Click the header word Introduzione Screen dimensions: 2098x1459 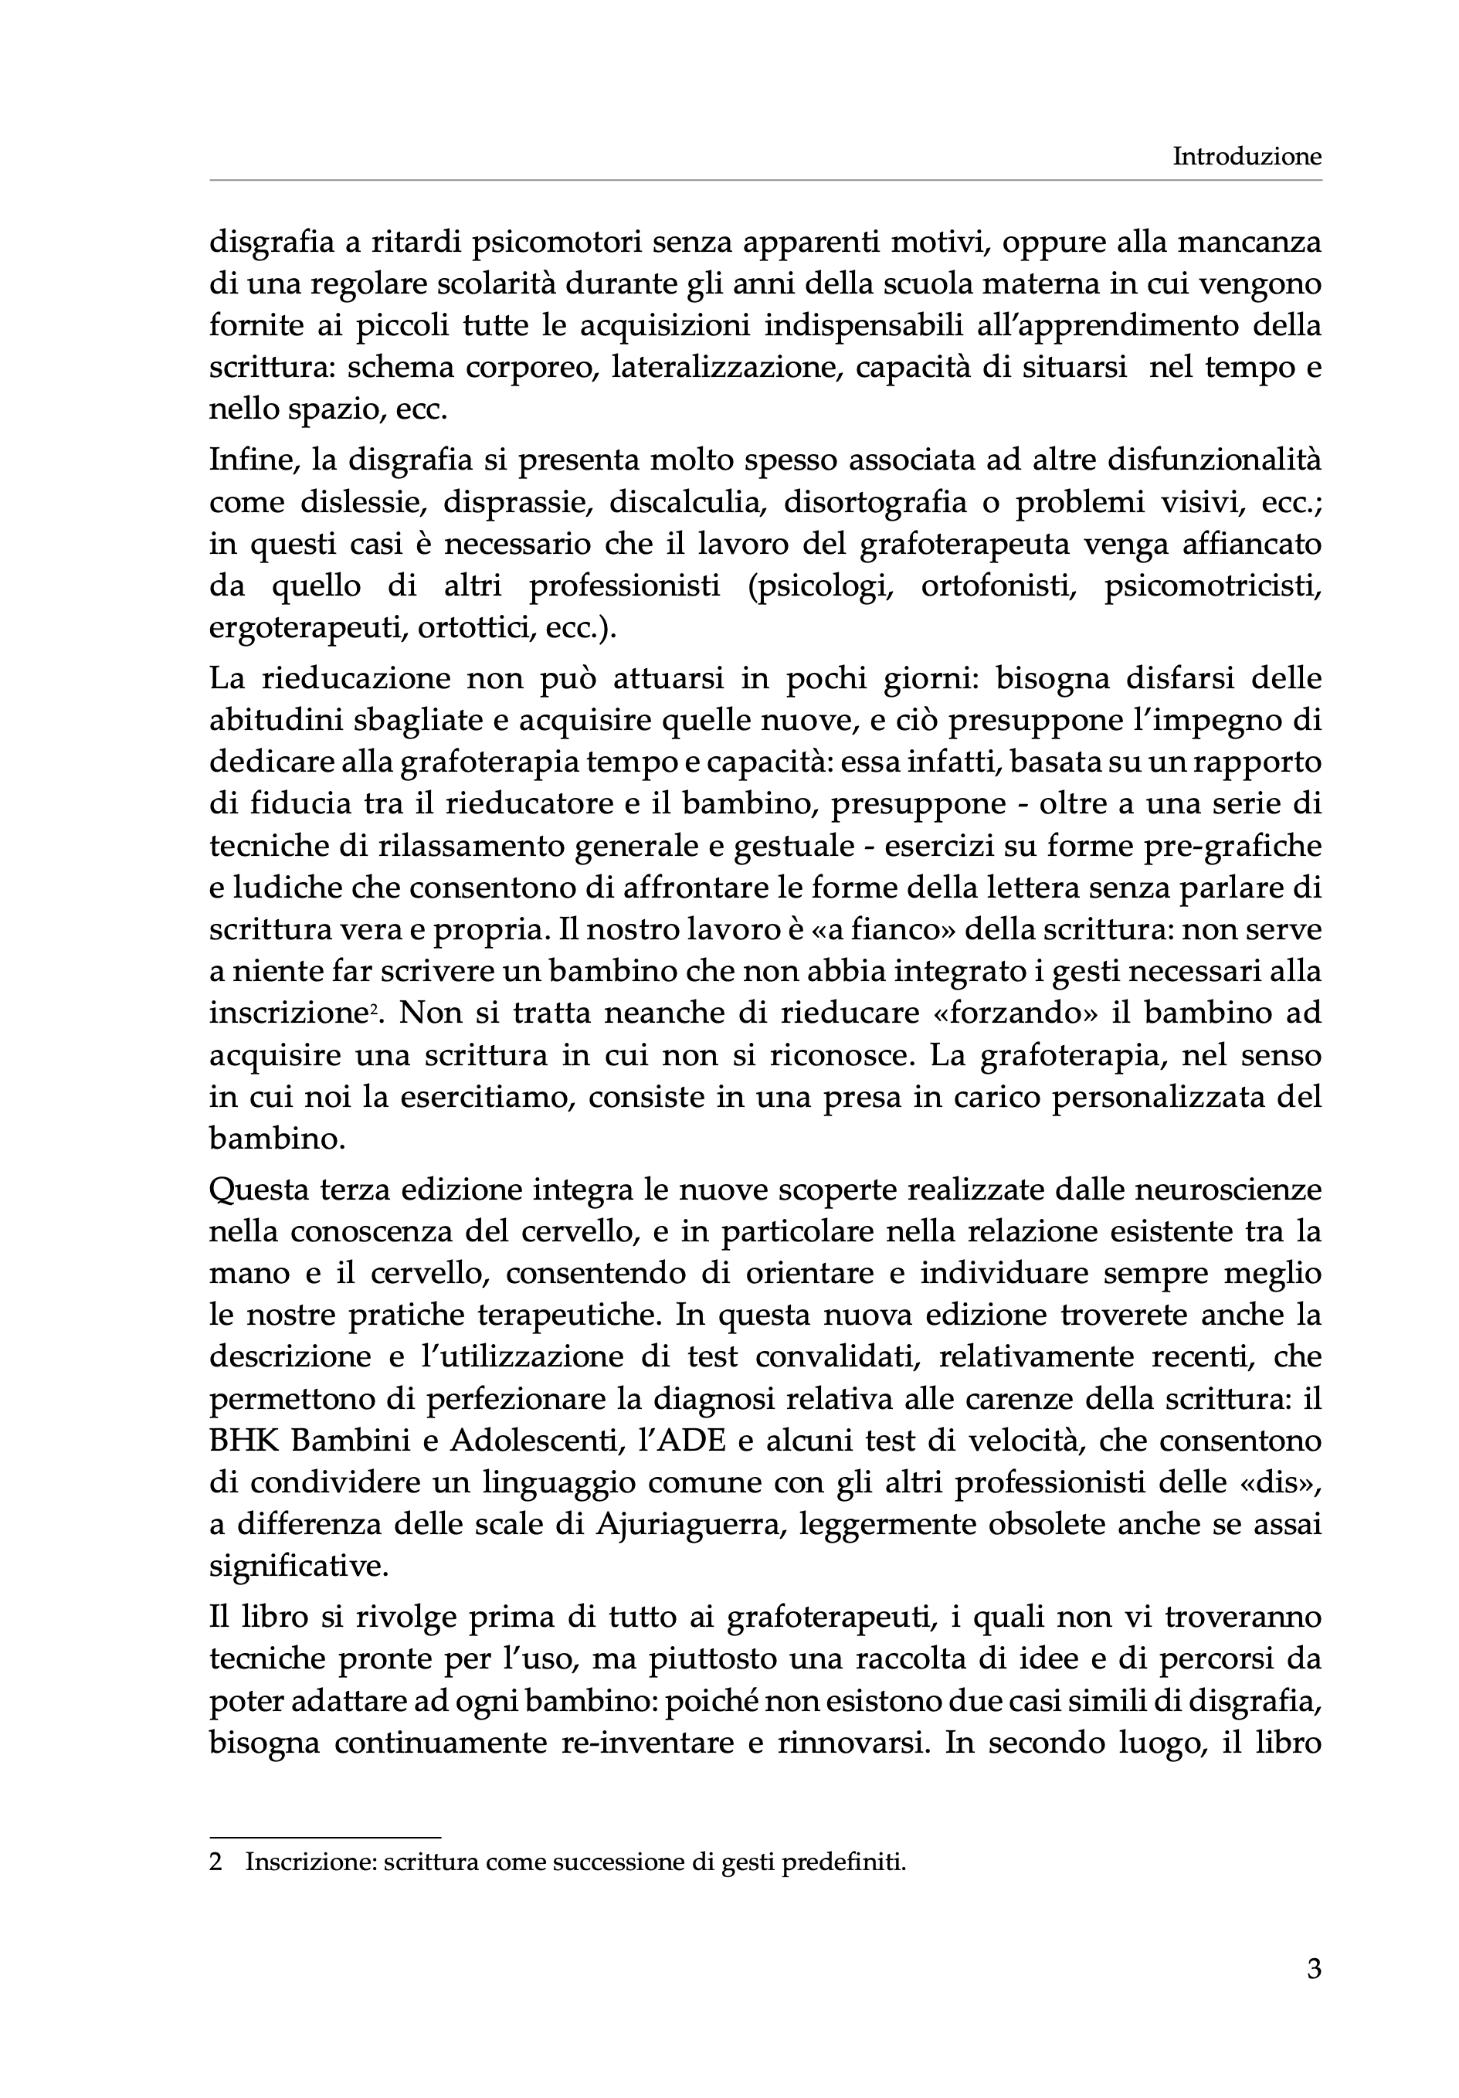point(1246,157)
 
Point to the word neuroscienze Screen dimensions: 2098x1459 point(1228,1190)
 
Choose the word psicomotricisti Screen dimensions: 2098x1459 point(1213,586)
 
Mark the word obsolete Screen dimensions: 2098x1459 point(1043,1524)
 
